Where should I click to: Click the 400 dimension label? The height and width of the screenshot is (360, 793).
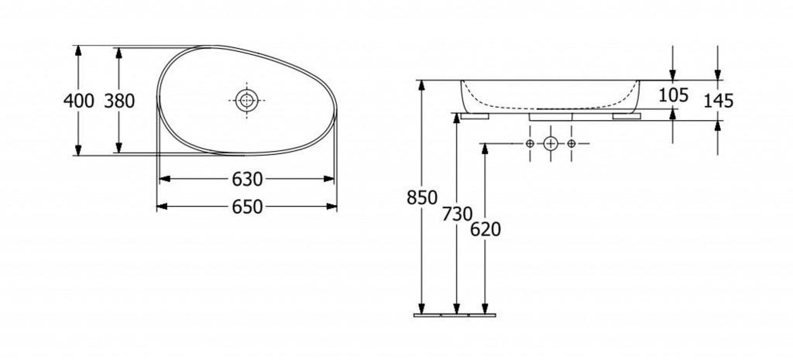pyautogui.click(x=78, y=101)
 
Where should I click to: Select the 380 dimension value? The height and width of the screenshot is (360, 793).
pyautogui.click(x=119, y=101)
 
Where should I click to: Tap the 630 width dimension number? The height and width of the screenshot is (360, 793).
pyautogui.click(x=248, y=179)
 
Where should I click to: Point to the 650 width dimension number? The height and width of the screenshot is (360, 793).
pyautogui.click(x=248, y=207)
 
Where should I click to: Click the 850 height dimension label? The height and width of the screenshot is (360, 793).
pyautogui.click(x=422, y=197)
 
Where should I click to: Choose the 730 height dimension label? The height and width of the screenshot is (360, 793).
pyautogui.click(x=457, y=214)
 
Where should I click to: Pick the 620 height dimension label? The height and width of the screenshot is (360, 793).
pyautogui.click(x=486, y=230)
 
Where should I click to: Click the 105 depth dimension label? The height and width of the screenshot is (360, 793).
pyautogui.click(x=673, y=94)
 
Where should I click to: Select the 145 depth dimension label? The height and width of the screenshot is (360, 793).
pyautogui.click(x=718, y=101)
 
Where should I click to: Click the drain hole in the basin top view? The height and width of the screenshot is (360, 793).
pyautogui.click(x=247, y=100)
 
